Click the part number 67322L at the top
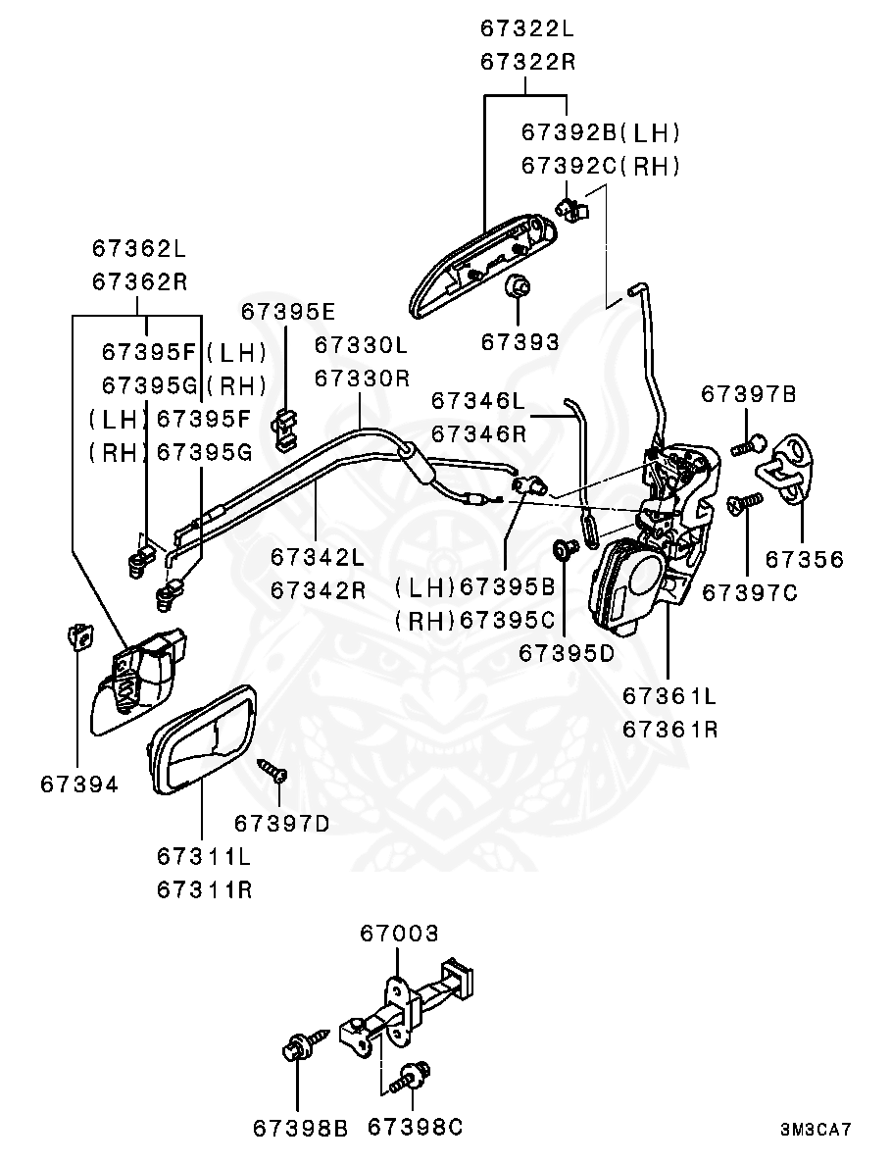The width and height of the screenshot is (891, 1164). point(525,28)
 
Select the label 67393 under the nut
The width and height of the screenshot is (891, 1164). point(520,342)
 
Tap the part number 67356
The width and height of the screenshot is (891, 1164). point(803,559)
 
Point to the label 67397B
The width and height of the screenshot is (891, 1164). point(748,394)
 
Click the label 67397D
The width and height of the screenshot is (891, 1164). point(281,822)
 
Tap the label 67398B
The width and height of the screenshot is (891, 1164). point(300,1129)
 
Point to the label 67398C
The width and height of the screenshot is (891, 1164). point(415,1128)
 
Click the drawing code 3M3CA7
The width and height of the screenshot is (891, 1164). point(815,1130)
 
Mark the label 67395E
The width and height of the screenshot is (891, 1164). point(288,312)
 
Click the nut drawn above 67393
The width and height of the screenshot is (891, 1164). point(519,286)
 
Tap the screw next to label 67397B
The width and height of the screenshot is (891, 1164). point(746,446)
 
